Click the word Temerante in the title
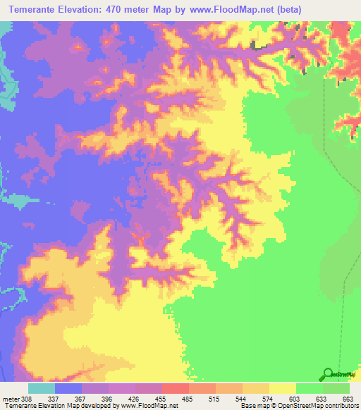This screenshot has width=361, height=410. pos(35,10)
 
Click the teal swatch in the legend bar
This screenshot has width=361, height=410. pos(41,388)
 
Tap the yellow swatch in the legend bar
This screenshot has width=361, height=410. pos(282,388)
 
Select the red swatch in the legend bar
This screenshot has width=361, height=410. pos(175,388)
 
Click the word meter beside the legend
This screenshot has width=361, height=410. pos(10,398)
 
